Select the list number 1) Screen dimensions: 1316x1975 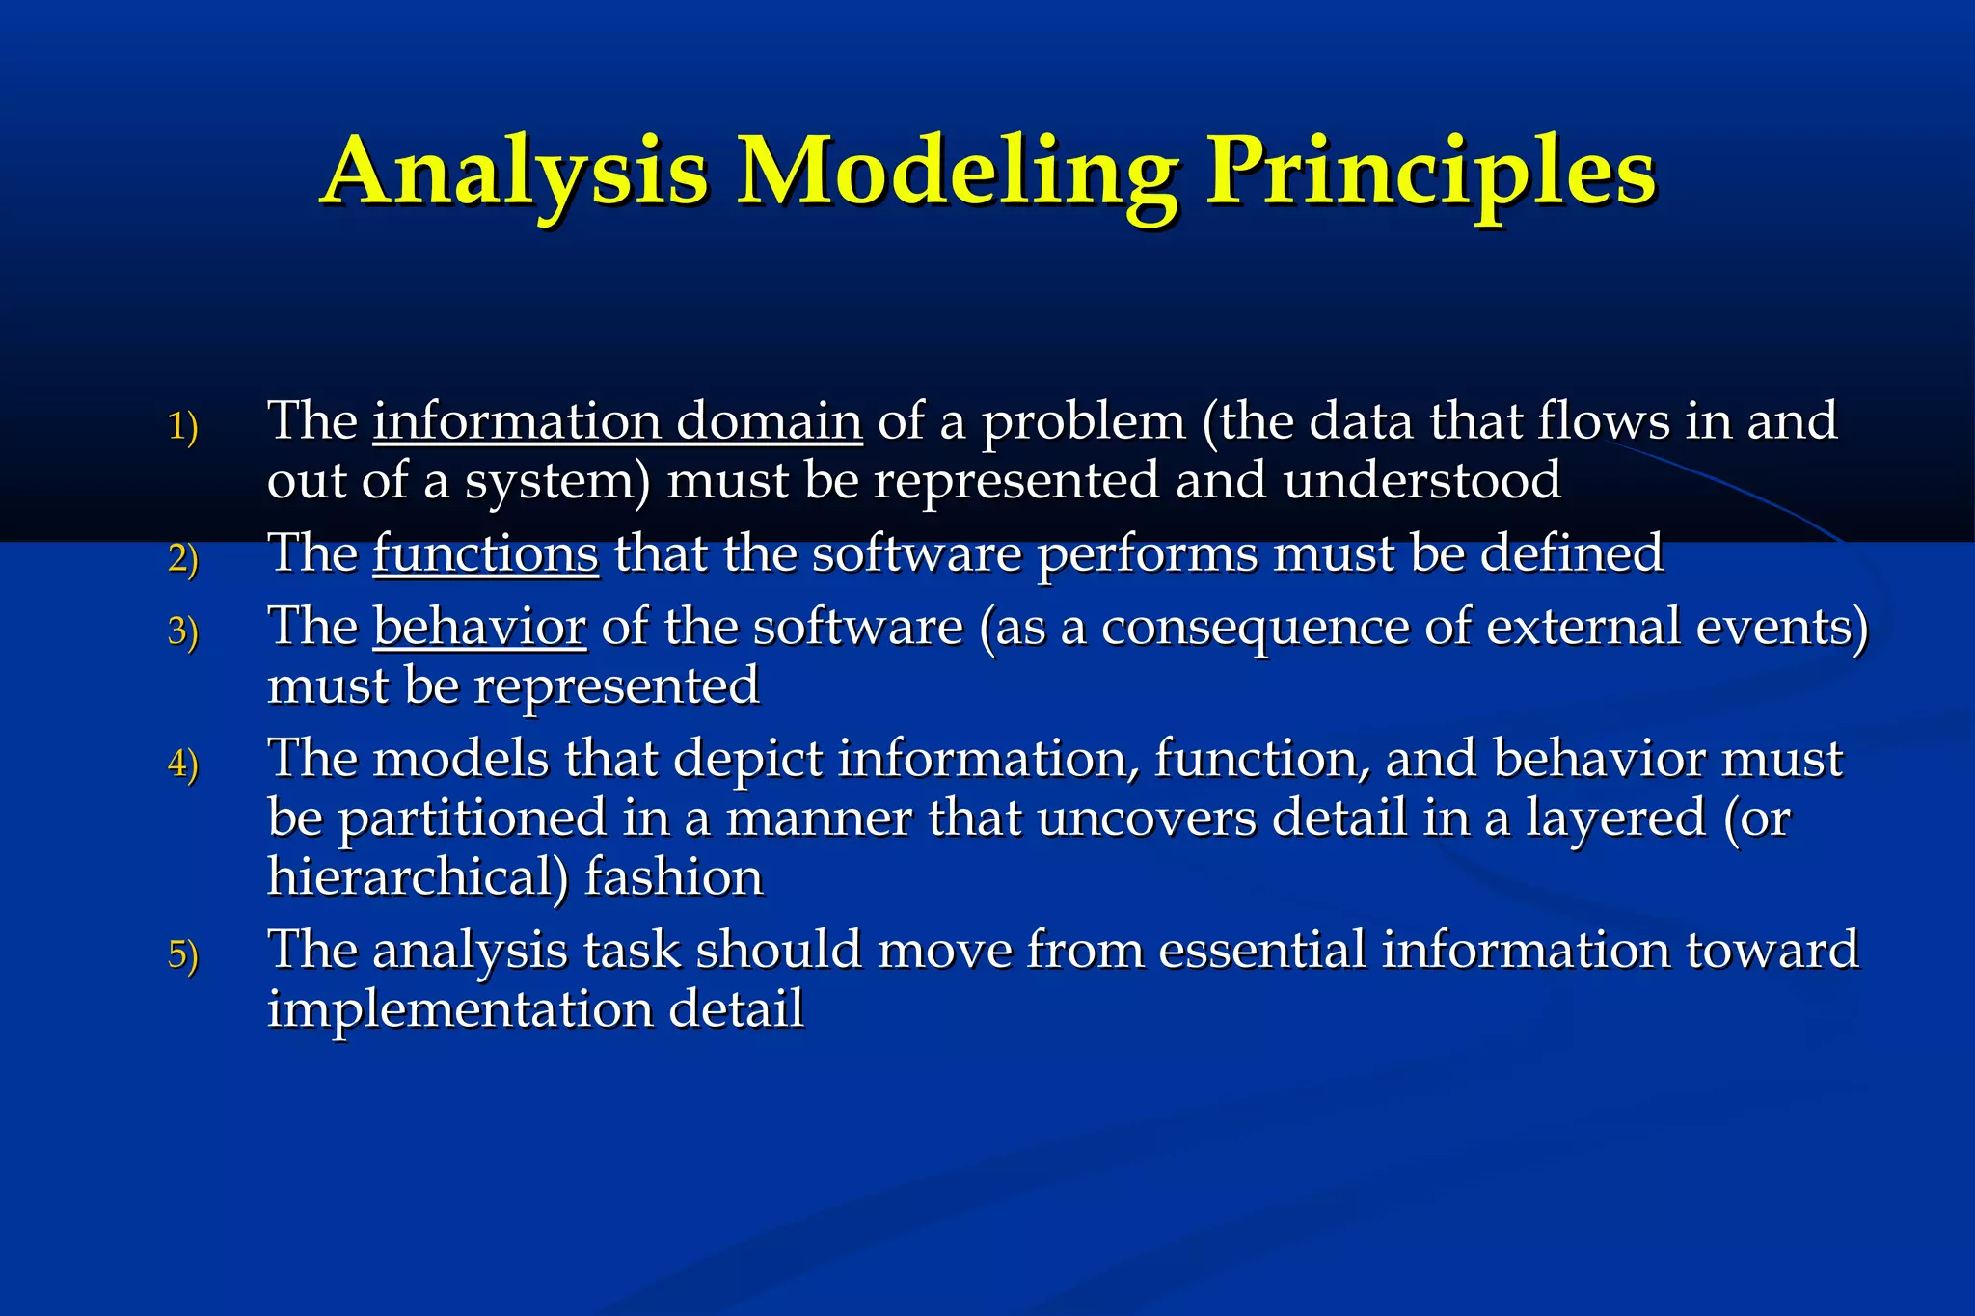[182, 426]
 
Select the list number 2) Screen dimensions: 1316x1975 [182, 558]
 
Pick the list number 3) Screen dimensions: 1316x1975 [182, 631]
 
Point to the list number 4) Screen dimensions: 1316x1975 [182, 764]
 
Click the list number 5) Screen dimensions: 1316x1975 [182, 954]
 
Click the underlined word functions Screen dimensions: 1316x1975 [485, 554]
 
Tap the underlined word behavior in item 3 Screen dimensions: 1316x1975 [479, 627]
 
